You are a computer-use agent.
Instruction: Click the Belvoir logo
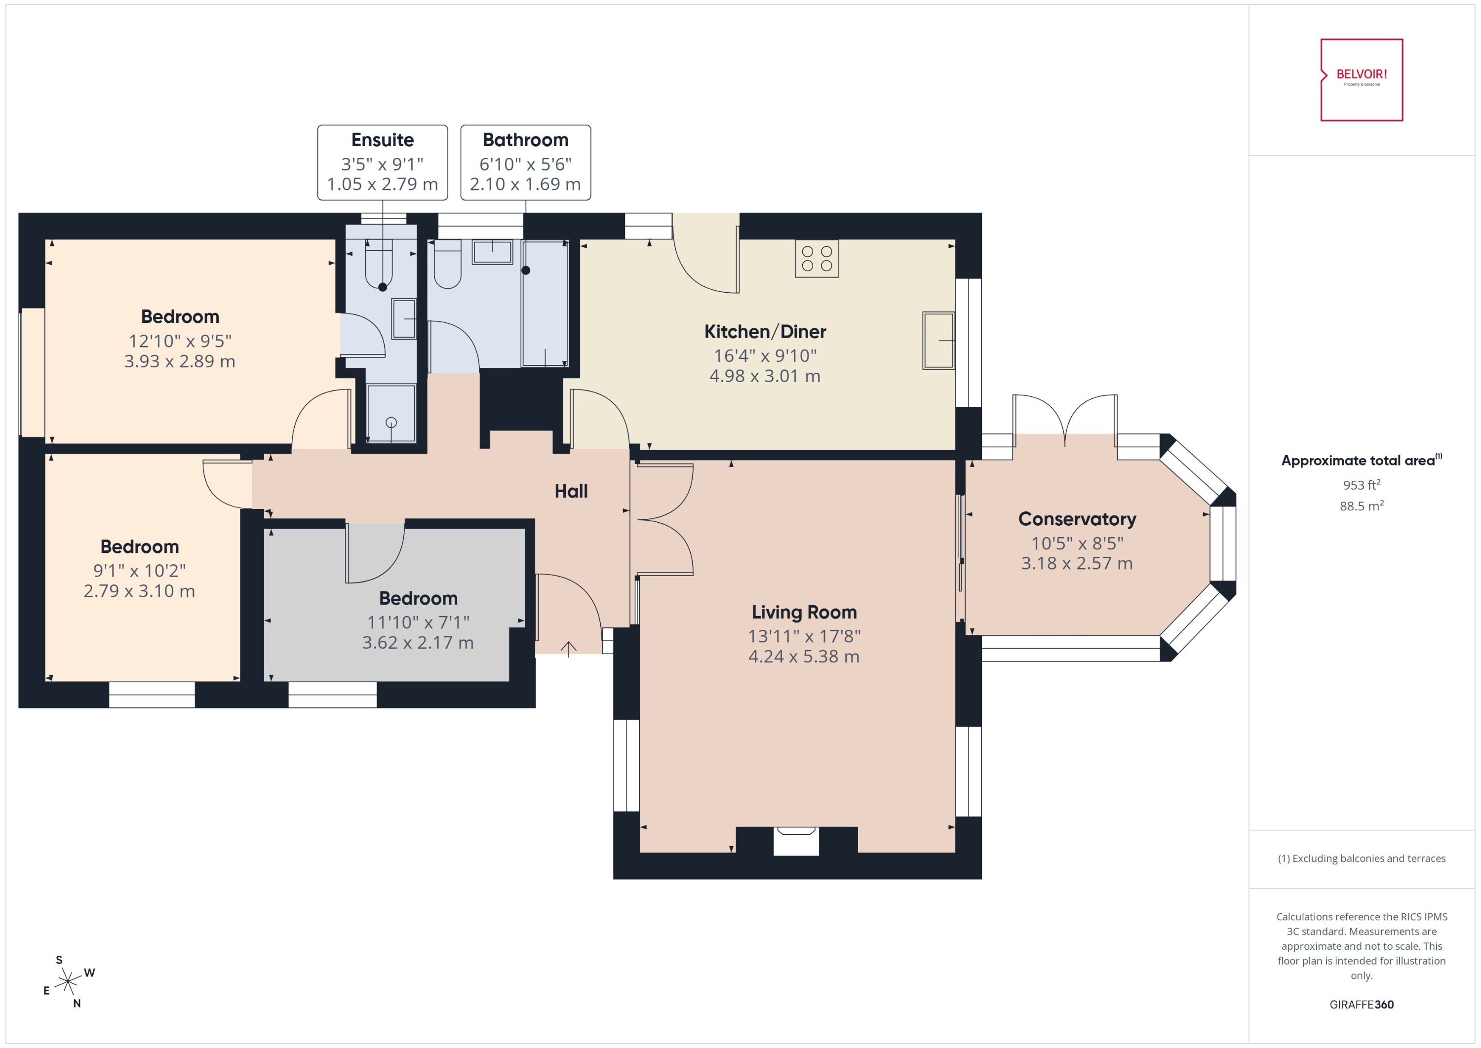[x=1361, y=79]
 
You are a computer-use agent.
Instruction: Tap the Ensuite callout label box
[x=382, y=162]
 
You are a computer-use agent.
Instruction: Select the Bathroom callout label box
[x=525, y=162]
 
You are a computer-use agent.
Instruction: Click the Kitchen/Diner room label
[x=765, y=332]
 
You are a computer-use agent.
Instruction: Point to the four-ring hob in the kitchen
[x=817, y=258]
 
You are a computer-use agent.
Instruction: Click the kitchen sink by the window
[x=937, y=340]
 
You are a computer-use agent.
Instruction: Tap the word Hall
[x=571, y=491]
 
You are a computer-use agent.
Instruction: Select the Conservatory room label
[x=1076, y=519]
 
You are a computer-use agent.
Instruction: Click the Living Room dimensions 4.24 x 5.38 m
[x=803, y=656]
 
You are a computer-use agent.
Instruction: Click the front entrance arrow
[x=568, y=649]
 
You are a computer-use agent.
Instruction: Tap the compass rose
[x=68, y=982]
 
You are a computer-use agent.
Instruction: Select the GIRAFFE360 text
[x=1361, y=1004]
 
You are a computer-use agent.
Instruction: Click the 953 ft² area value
[x=1361, y=485]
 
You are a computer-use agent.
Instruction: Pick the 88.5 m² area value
[x=1361, y=506]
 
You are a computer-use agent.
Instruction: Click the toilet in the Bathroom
[x=447, y=265]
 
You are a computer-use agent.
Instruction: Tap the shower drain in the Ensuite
[x=391, y=423]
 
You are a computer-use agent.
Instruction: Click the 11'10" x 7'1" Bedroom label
[x=418, y=621]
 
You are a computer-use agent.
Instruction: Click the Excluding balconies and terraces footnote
[x=1361, y=858]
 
